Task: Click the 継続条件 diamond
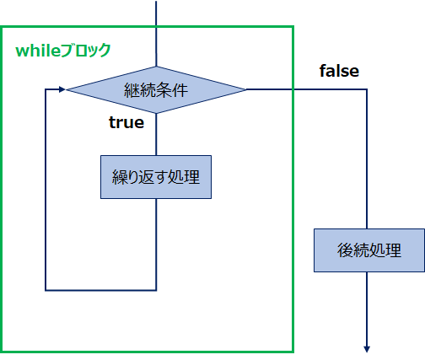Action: point(156,90)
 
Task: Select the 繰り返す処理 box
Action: point(156,177)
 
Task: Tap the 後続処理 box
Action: point(369,250)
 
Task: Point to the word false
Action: point(339,71)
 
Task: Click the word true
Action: point(126,122)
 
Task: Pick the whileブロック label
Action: point(63,51)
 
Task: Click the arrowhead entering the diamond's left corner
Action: point(62,89)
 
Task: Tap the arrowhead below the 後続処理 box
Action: point(367,349)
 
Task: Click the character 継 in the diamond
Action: point(132,90)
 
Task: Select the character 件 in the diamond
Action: point(180,90)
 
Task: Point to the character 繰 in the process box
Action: point(120,177)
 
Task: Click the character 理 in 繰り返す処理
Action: point(192,177)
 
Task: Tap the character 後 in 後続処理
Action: point(345,250)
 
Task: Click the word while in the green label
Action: point(38,51)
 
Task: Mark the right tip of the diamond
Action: point(246,89)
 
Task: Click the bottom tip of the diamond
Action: point(156,114)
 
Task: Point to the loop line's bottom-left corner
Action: point(46,290)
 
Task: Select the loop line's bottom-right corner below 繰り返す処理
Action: point(156,290)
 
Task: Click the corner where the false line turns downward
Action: point(367,89)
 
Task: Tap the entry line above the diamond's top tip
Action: point(156,34)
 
